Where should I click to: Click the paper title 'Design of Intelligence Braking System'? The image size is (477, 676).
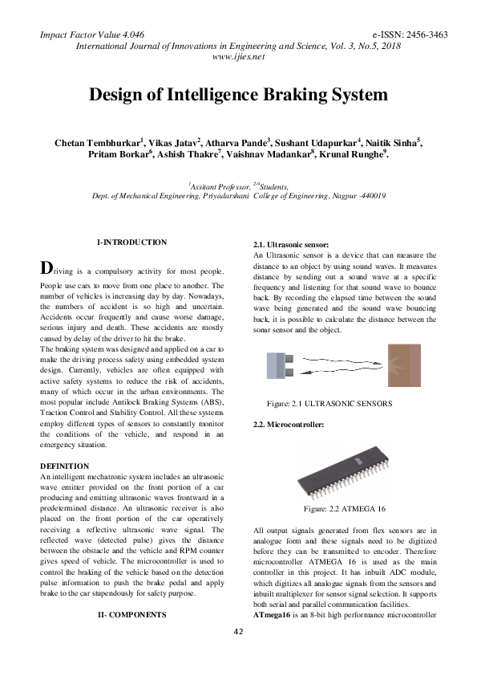click(237, 96)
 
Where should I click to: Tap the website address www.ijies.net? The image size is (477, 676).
click(237, 58)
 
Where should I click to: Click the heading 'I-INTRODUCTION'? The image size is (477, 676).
click(131, 242)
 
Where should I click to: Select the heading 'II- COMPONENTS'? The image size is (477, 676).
click(131, 613)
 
